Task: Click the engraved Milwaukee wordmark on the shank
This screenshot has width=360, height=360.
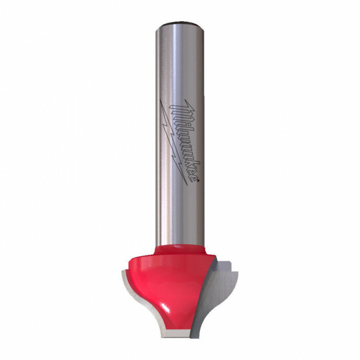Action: click(x=185, y=141)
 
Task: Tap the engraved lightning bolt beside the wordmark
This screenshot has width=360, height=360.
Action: click(x=174, y=142)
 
